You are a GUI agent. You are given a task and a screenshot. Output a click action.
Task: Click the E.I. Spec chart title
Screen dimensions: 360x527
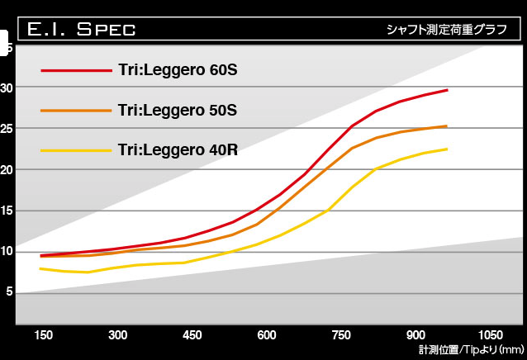click(81, 30)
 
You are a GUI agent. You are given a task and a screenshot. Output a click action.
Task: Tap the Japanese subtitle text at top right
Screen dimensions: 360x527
click(446, 30)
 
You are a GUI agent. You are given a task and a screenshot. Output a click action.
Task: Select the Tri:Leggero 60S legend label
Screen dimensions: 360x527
click(178, 69)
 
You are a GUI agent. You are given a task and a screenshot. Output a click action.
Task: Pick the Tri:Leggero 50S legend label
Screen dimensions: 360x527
click(178, 110)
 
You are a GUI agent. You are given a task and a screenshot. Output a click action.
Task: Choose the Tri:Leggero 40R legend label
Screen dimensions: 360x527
click(178, 149)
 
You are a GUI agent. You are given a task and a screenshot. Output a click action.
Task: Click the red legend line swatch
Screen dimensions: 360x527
click(76, 70)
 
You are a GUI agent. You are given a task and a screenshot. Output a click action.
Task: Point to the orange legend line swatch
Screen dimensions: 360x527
click(76, 110)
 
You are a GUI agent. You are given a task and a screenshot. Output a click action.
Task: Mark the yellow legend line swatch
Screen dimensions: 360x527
click(76, 150)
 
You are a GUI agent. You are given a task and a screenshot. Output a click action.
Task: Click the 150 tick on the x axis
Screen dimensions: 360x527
click(44, 335)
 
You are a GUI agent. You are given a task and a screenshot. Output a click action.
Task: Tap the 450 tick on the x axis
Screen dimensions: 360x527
click(192, 335)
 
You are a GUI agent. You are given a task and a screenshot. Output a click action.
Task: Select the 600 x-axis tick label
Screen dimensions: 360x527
click(266, 335)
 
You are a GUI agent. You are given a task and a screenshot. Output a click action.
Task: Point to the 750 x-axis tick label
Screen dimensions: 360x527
click(341, 335)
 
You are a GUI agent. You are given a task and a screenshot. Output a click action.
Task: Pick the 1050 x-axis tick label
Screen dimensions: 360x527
click(489, 335)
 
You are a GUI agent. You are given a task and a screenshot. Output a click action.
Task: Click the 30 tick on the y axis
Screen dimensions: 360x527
click(7, 88)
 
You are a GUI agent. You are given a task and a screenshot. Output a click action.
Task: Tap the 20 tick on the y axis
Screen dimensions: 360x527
click(7, 169)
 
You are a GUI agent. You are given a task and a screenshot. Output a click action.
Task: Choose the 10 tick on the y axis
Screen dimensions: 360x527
click(7, 251)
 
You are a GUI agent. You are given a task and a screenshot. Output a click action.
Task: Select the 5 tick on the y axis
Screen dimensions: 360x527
click(9, 291)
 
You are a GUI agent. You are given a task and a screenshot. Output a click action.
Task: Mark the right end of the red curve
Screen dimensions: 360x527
click(447, 90)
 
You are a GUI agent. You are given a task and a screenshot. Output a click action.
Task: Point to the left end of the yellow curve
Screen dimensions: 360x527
click(40, 268)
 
